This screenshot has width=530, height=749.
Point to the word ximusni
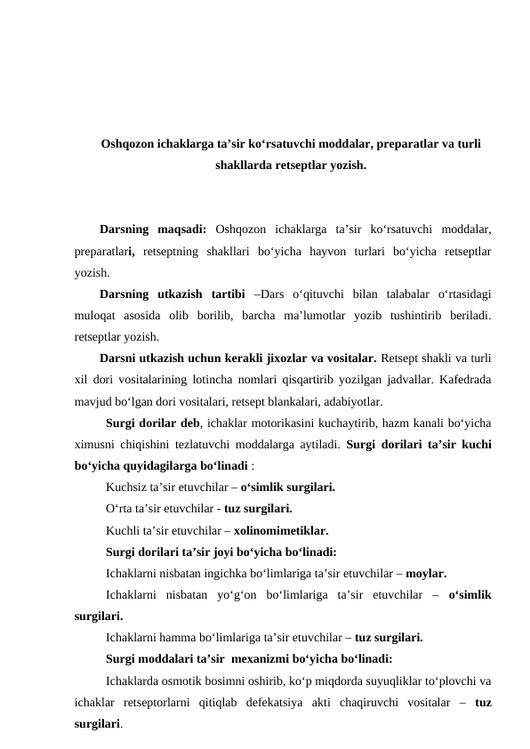pos(96,444)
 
